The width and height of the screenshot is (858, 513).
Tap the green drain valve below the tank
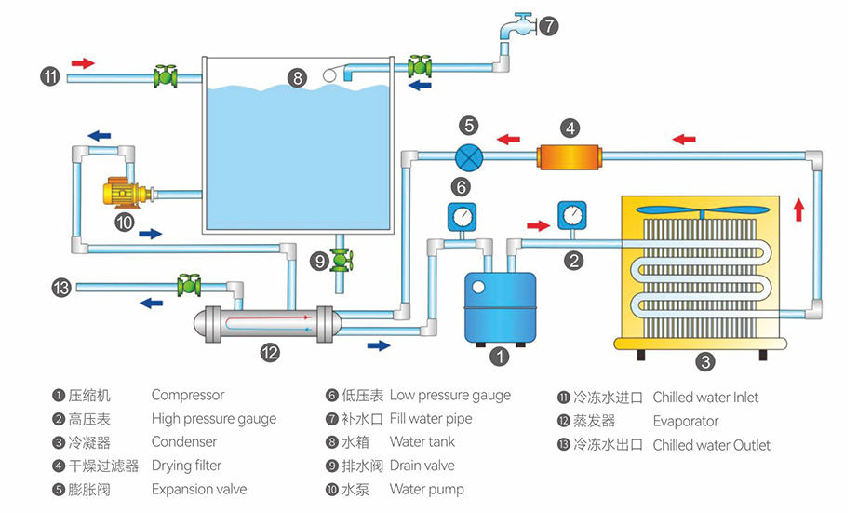tap(342, 260)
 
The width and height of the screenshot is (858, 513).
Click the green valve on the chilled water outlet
tap(190, 284)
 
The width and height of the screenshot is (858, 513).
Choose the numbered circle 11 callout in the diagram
tap(50, 76)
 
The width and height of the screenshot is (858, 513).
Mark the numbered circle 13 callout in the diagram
tap(61, 289)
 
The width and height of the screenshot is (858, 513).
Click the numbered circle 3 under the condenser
tap(705, 361)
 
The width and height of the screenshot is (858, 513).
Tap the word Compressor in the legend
tap(187, 396)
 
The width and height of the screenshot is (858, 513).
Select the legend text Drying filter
tap(186, 466)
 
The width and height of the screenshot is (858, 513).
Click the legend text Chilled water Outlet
tap(711, 445)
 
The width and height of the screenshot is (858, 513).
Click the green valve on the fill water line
tap(420, 66)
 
